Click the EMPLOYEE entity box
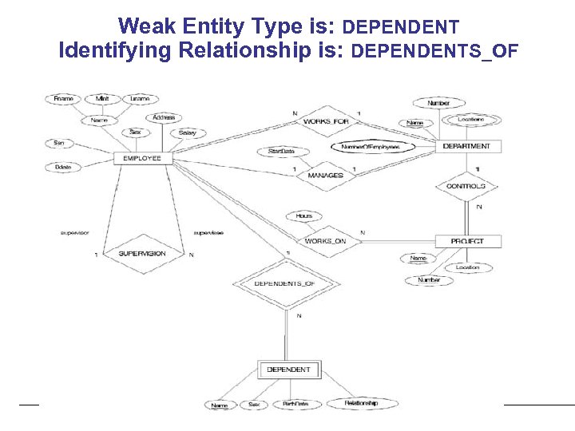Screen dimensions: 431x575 pos(142,158)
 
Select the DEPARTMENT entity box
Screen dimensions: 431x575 pos(466,146)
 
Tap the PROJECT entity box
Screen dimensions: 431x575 pos(466,241)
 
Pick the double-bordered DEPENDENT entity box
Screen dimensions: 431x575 pos(289,370)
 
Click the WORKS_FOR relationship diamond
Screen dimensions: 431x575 pos(327,121)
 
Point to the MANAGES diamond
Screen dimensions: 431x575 pos(326,175)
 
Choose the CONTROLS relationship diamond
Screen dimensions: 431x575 pos(466,186)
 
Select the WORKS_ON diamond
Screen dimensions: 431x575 pos(325,241)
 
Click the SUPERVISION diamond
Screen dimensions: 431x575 pos(142,254)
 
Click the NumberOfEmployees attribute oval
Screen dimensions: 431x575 pos(371,147)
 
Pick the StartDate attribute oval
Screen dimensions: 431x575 pos(281,151)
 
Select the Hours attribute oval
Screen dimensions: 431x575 pos(303,215)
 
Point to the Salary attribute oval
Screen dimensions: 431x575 pos(187,132)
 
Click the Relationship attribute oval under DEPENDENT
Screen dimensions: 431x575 pos(361,404)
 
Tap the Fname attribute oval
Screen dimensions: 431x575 pos(64,99)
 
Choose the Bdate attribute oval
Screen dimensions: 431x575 pos(61,167)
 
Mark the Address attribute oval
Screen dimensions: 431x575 pos(164,118)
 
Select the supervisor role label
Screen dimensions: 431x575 pos(74,233)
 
